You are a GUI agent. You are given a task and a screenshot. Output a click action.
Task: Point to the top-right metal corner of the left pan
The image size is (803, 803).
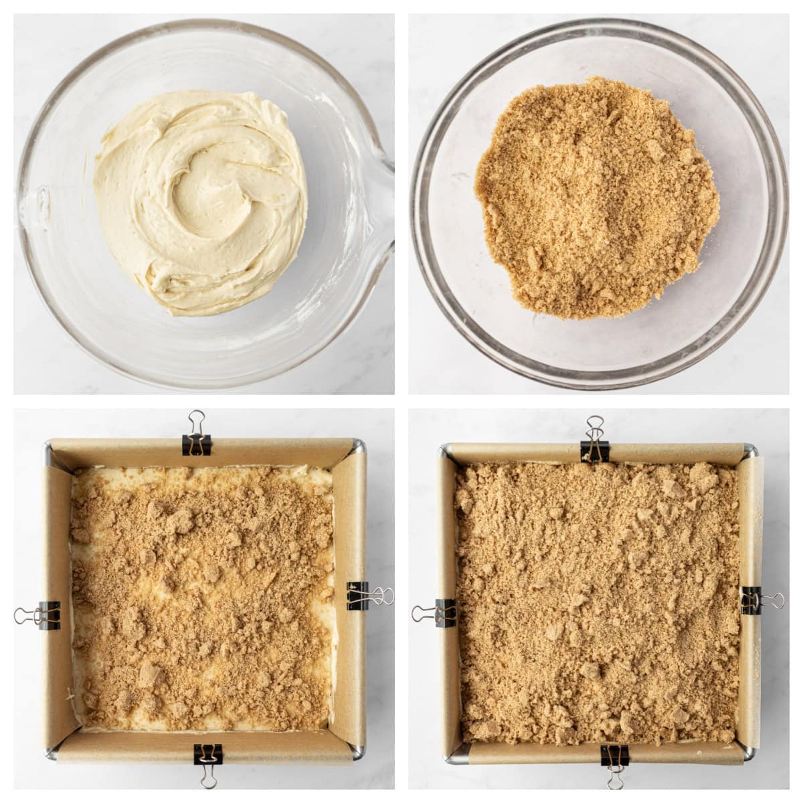[x=359, y=446]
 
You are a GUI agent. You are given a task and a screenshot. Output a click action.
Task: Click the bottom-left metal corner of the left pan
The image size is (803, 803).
[x=52, y=754]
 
